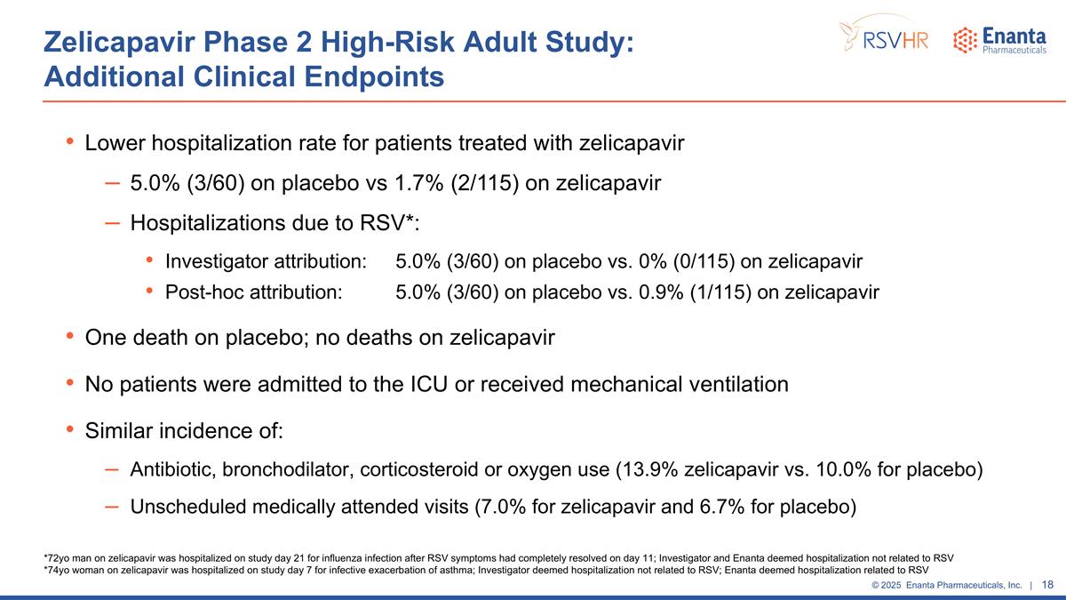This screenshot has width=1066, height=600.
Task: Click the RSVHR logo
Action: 885,36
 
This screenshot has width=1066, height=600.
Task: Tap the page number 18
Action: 1047,585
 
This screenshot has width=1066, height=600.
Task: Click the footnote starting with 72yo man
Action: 497,557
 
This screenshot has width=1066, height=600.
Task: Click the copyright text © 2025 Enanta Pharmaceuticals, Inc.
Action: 946,585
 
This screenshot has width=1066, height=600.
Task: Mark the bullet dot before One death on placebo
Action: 70,338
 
